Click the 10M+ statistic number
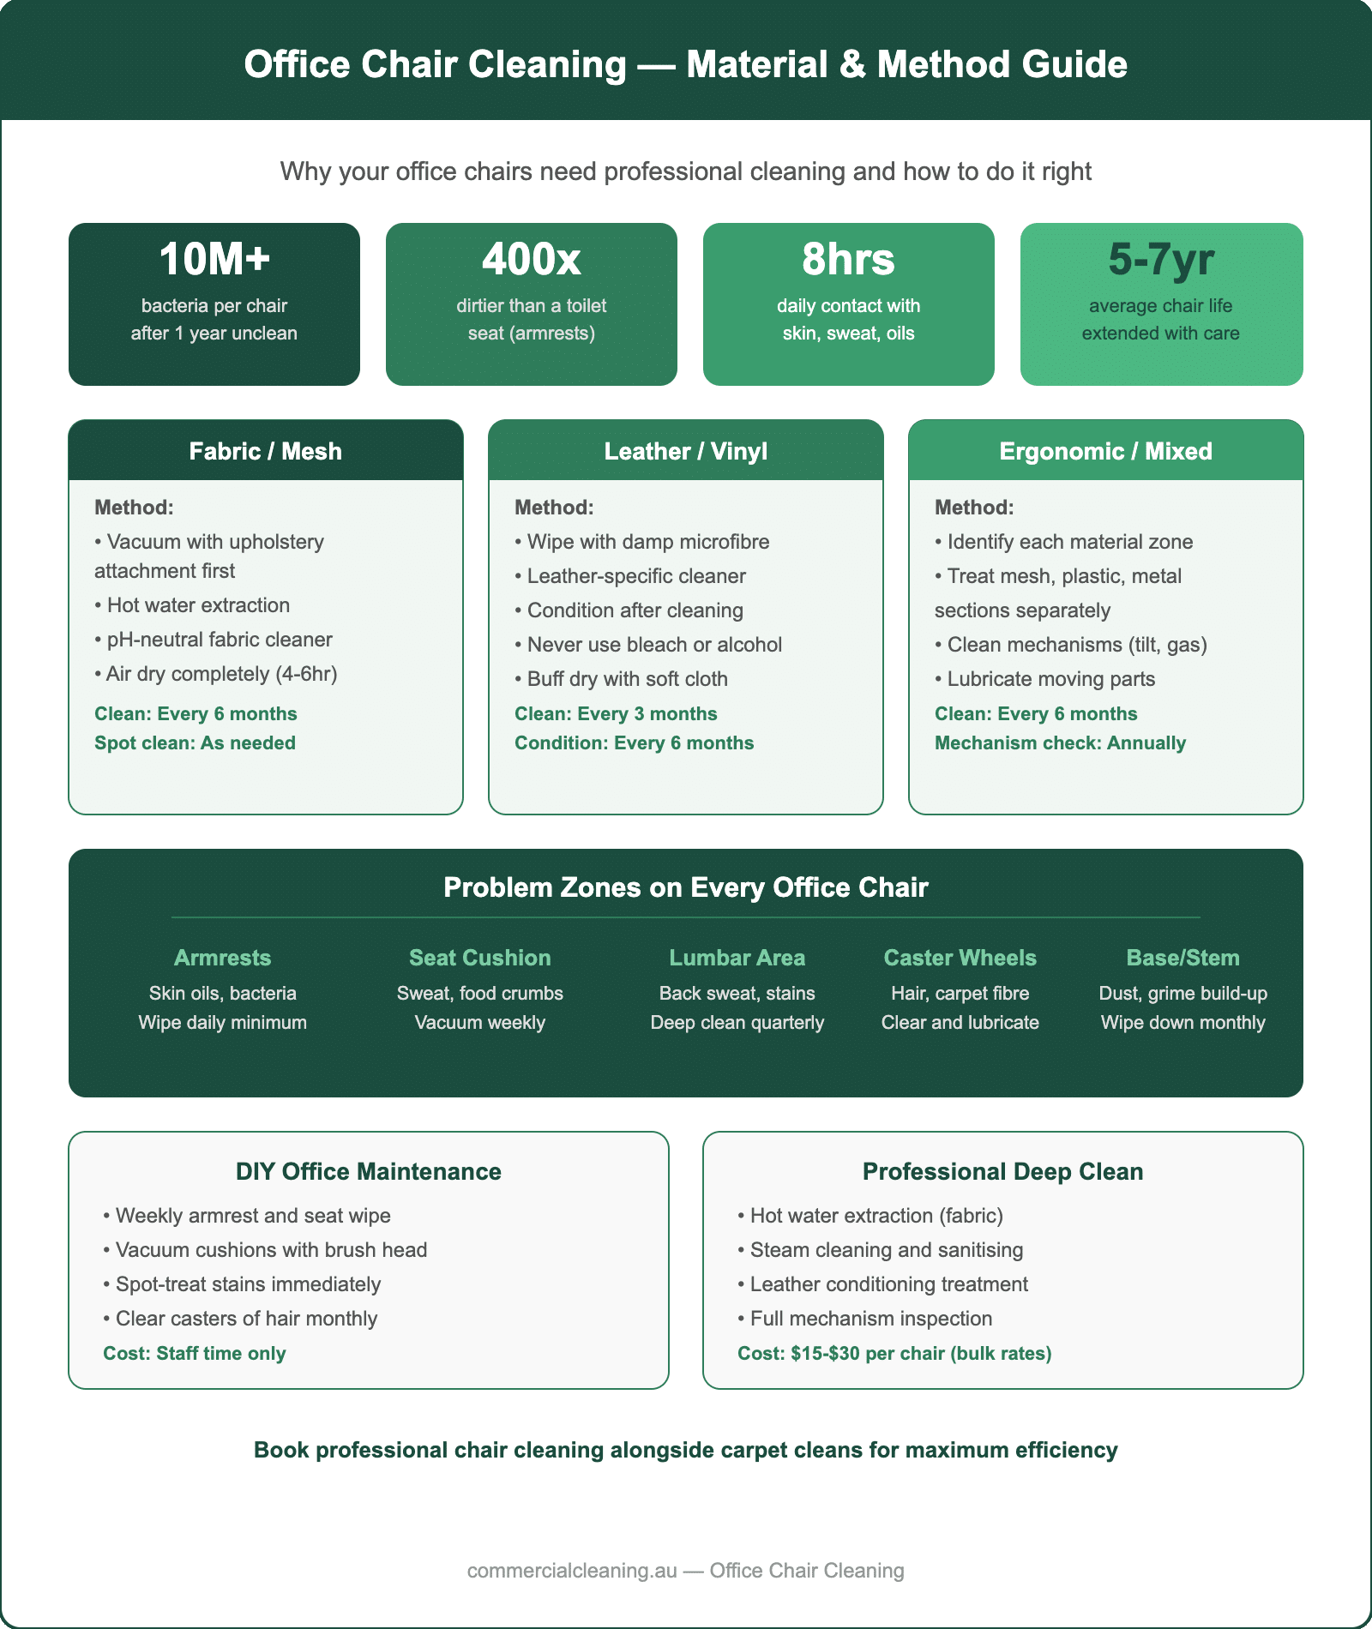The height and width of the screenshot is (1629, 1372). pos(214,260)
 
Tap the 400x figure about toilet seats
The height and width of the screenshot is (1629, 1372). pos(531,260)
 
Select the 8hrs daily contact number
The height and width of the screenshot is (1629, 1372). pos(848,260)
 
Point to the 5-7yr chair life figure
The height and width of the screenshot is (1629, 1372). pos(1161,260)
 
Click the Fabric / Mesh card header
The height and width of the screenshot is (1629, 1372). pos(266,451)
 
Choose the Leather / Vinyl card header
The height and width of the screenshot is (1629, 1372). pos(685,451)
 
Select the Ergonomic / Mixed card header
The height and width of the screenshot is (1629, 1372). pos(1105,451)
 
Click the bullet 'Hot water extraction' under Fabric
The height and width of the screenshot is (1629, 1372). pos(198,605)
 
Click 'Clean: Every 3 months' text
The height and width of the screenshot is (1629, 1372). pos(616,714)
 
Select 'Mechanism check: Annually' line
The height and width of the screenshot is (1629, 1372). pos(1060,743)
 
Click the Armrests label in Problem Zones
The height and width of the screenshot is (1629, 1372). pos(222,958)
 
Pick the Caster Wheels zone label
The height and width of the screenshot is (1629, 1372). pos(960,958)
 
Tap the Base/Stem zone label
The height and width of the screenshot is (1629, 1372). pos(1182,958)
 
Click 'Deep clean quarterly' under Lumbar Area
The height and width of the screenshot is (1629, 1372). pos(737,1023)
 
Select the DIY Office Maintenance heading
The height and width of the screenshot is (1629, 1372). pos(369,1172)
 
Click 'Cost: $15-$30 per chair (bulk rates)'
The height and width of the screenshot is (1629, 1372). pos(894,1354)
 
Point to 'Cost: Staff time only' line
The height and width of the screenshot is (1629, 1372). pos(195,1354)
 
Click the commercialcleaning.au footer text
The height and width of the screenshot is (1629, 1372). pos(685,1571)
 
